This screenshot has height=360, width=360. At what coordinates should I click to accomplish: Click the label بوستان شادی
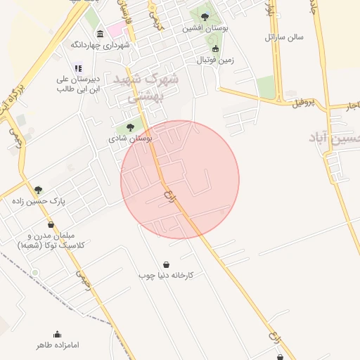click(x=130, y=139)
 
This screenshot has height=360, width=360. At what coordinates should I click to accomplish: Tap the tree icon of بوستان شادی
click(x=130, y=127)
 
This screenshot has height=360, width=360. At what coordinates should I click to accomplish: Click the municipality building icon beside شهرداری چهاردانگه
click(x=101, y=34)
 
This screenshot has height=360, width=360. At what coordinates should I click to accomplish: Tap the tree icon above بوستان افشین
click(x=205, y=17)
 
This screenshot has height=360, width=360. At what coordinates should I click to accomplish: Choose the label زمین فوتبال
click(x=214, y=60)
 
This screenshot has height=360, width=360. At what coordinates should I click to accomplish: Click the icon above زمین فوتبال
click(x=215, y=49)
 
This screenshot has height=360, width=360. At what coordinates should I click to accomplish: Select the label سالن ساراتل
click(x=283, y=37)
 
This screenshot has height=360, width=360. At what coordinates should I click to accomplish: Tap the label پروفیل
click(x=310, y=103)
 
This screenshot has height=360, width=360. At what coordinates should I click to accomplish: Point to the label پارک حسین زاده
click(x=39, y=201)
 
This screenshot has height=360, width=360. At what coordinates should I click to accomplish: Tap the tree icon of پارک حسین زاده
click(x=38, y=190)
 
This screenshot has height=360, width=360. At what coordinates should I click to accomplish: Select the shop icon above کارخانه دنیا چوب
click(x=166, y=264)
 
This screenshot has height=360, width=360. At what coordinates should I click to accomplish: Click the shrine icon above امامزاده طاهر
click(x=57, y=334)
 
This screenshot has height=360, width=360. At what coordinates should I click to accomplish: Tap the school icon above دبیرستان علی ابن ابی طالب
click(x=78, y=68)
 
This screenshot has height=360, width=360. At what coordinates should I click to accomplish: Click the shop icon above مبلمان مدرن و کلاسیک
click(x=51, y=225)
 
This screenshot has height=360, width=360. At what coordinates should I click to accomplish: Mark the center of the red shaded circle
click(x=180, y=179)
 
